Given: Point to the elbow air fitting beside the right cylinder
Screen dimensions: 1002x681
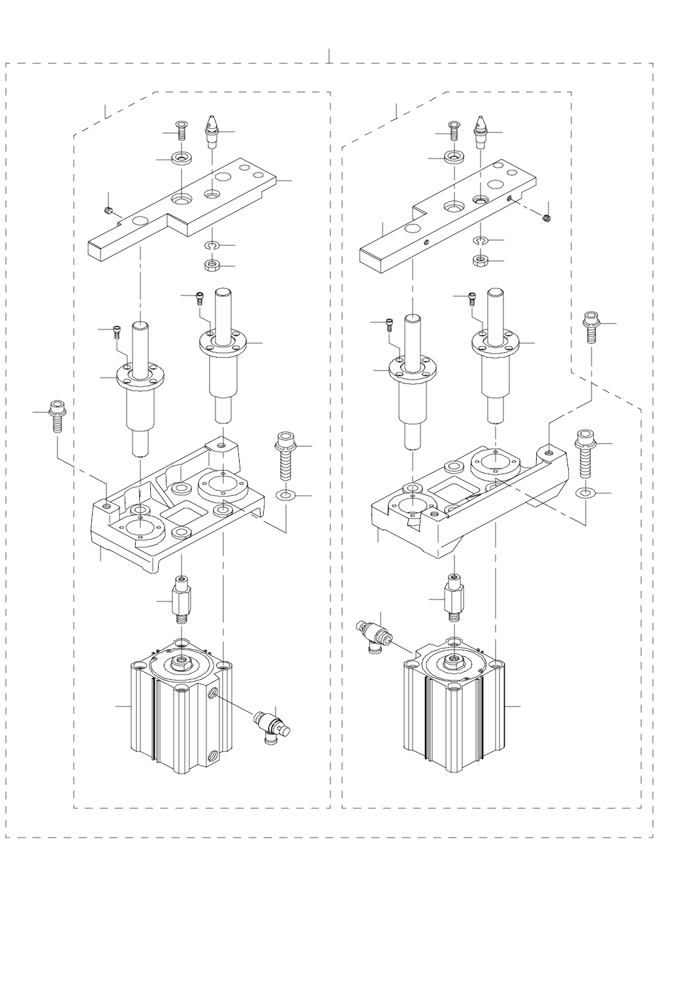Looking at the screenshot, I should (373, 633).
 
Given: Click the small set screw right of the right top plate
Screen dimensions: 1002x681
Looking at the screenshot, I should (548, 218).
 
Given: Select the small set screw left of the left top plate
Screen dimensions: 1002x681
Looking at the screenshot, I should (110, 210).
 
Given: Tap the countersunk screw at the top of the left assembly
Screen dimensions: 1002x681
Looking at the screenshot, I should (181, 130).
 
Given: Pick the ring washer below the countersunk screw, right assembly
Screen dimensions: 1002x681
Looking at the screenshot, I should (452, 158).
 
